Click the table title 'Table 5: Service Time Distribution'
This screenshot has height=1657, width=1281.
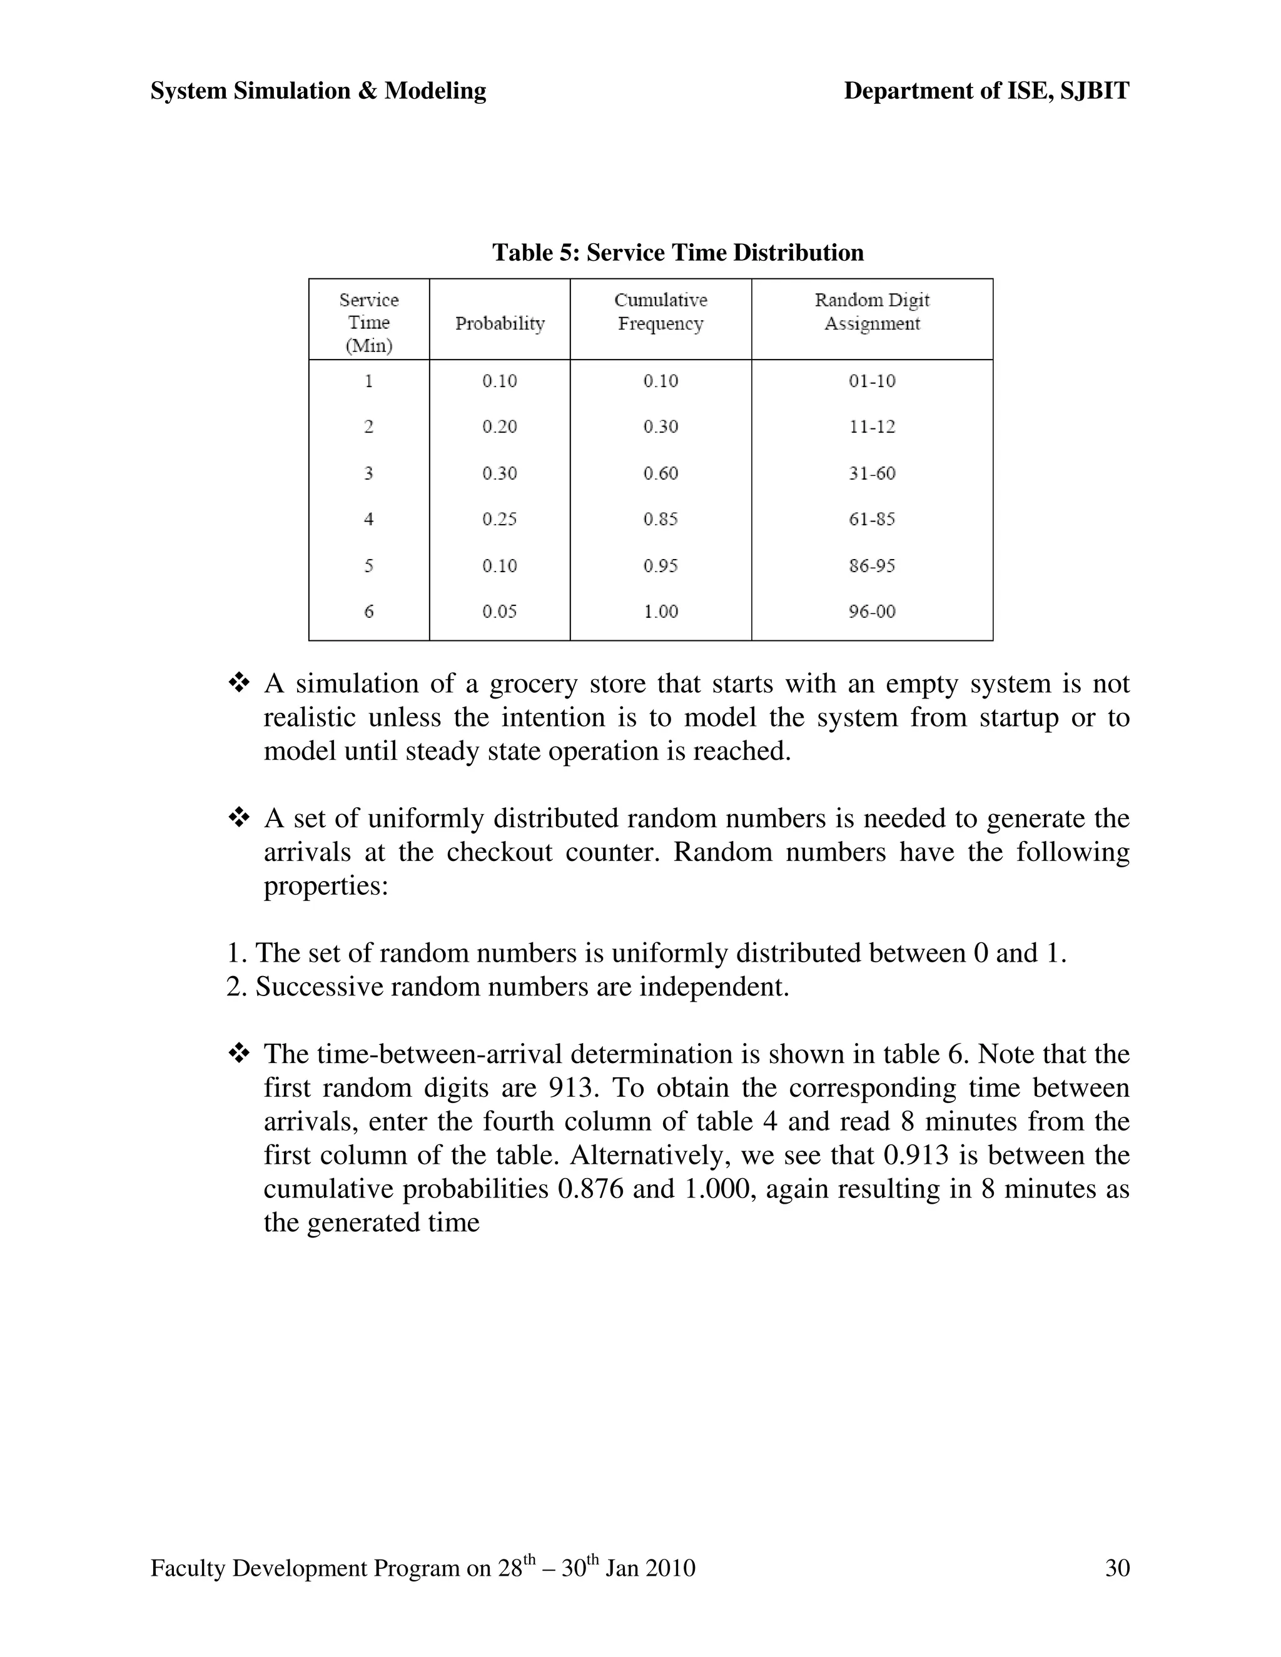tap(677, 253)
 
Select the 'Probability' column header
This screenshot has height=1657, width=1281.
tap(499, 324)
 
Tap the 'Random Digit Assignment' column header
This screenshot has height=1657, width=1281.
tap(871, 312)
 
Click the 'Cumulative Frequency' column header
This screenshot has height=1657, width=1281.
tap(661, 312)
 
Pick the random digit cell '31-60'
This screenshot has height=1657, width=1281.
tap(871, 473)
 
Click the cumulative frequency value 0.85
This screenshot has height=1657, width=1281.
tap(661, 520)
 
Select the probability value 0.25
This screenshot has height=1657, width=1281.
tap(499, 520)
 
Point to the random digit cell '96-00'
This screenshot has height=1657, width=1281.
tap(871, 612)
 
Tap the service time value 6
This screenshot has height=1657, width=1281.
tap(369, 612)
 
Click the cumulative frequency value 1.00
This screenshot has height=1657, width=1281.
tap(661, 612)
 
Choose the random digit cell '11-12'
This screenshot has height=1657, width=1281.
tap(871, 427)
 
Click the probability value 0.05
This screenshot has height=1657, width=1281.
tap(499, 612)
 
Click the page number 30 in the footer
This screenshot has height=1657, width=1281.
tap(1117, 1568)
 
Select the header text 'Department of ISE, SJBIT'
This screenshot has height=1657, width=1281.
tap(986, 91)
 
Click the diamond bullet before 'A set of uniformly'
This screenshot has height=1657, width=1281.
tap(239, 818)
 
